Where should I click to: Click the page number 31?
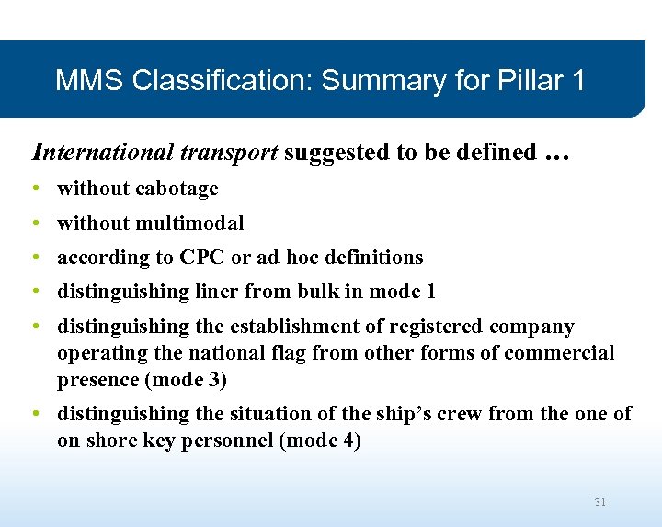(600, 502)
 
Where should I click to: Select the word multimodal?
(190, 223)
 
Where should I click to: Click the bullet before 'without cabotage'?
(34, 189)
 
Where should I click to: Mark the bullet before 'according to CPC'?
(34, 257)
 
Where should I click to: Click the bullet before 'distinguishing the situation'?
(34, 414)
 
